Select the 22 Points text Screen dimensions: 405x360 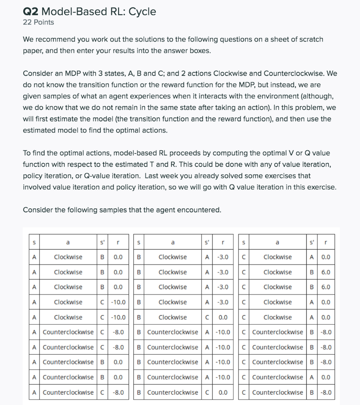(x=38, y=23)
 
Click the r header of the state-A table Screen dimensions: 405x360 (x=117, y=242)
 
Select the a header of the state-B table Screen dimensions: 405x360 (x=172, y=242)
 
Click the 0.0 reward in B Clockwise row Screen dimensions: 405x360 (x=223, y=317)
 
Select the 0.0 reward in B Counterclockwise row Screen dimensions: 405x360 (x=223, y=392)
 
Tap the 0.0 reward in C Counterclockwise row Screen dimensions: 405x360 (x=326, y=377)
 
